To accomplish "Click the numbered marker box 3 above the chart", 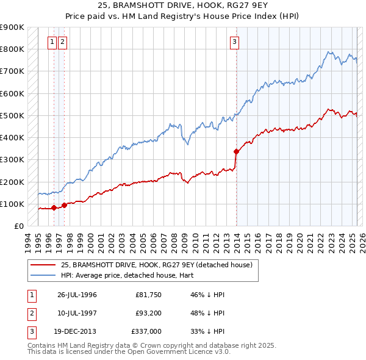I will pos(235,42).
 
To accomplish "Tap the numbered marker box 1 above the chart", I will pos(52,42).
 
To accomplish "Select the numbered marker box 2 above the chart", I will pos(63,42).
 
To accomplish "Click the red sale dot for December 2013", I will pos(236,151).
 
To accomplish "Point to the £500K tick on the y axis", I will pos(12,115).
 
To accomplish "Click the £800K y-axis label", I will pos(12,49).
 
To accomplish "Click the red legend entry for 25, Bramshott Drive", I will pos(160,264).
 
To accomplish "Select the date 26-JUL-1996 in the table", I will pos(77,295).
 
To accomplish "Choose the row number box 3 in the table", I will pos(30,331).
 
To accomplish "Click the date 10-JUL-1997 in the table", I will pos(77,313).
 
